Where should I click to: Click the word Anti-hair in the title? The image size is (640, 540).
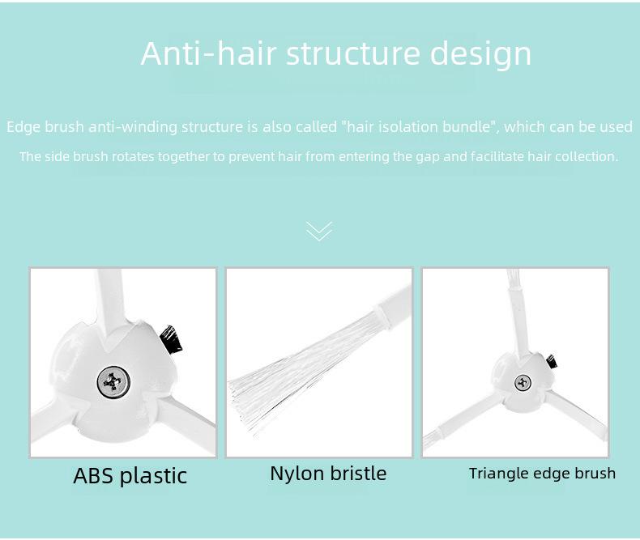tap(208, 53)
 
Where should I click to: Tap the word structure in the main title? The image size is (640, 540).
tap(352, 53)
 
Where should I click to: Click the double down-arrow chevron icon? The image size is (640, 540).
tap(319, 232)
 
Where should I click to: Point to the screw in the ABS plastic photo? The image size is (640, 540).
tap(113, 382)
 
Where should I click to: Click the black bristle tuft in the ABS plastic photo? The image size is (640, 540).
tap(171, 339)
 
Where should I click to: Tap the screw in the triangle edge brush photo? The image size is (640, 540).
tap(523, 383)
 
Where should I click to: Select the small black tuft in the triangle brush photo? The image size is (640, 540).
tap(552, 362)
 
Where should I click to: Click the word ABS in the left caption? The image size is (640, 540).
tap(93, 475)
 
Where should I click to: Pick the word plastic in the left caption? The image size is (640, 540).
tap(153, 476)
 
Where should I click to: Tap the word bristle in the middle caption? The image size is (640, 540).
tap(358, 473)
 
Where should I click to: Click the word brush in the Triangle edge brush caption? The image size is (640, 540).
tap(595, 473)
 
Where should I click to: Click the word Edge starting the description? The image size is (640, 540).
tap(23, 128)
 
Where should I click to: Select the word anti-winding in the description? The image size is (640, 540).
tap(133, 128)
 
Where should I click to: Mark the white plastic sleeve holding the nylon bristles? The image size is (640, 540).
tap(393, 308)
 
